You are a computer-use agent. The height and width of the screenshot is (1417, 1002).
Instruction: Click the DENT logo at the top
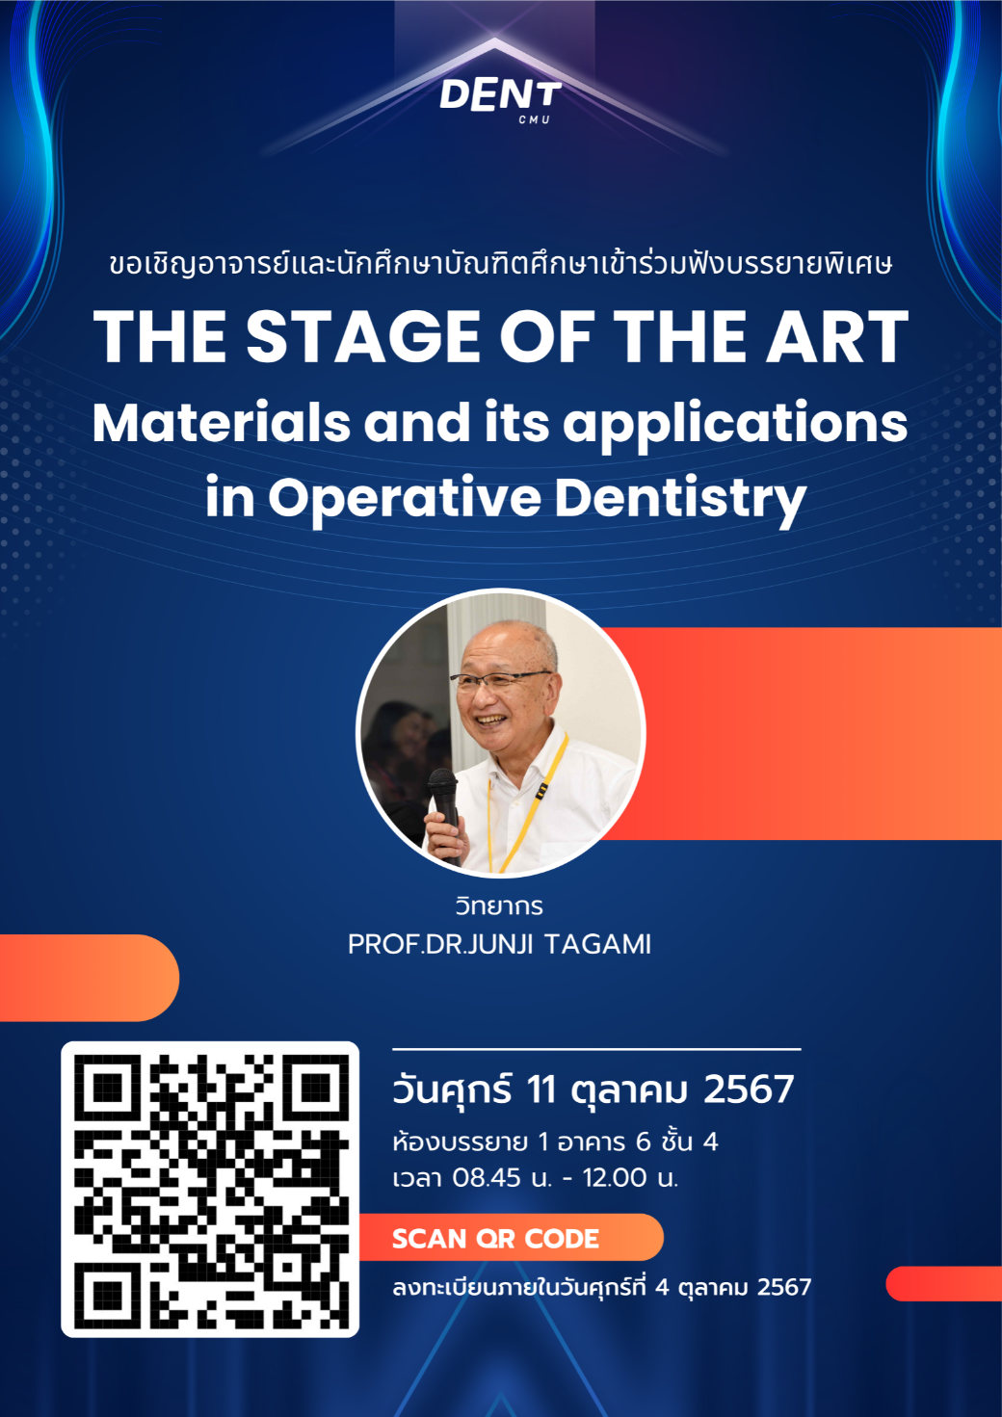click(x=500, y=98)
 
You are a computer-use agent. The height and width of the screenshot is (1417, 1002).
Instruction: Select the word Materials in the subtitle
click(x=222, y=423)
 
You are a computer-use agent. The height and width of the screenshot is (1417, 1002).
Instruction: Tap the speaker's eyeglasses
click(x=500, y=679)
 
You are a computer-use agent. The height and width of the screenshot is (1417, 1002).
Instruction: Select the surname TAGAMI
click(x=597, y=944)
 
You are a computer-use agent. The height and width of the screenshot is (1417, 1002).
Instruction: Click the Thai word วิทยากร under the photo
click(x=499, y=905)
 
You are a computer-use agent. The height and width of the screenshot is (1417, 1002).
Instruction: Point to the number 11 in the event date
click(x=541, y=1089)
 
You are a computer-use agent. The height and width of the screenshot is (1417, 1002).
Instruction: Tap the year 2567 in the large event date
click(x=749, y=1089)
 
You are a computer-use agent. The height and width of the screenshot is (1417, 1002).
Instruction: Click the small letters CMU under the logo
click(x=535, y=120)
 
